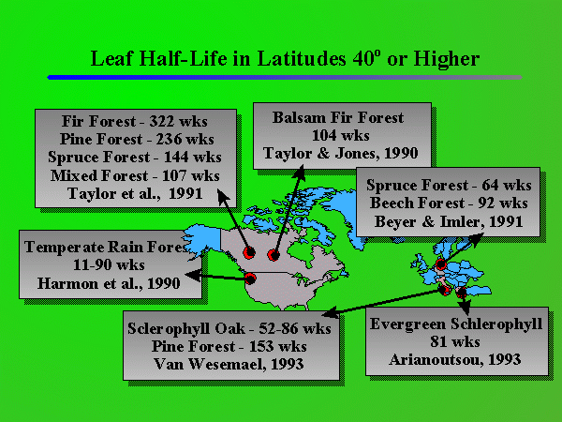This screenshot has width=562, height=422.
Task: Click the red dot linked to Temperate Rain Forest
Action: tap(250, 278)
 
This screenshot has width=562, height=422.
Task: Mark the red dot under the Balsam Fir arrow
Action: tap(274, 254)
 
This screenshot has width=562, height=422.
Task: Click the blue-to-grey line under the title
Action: tap(281, 77)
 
